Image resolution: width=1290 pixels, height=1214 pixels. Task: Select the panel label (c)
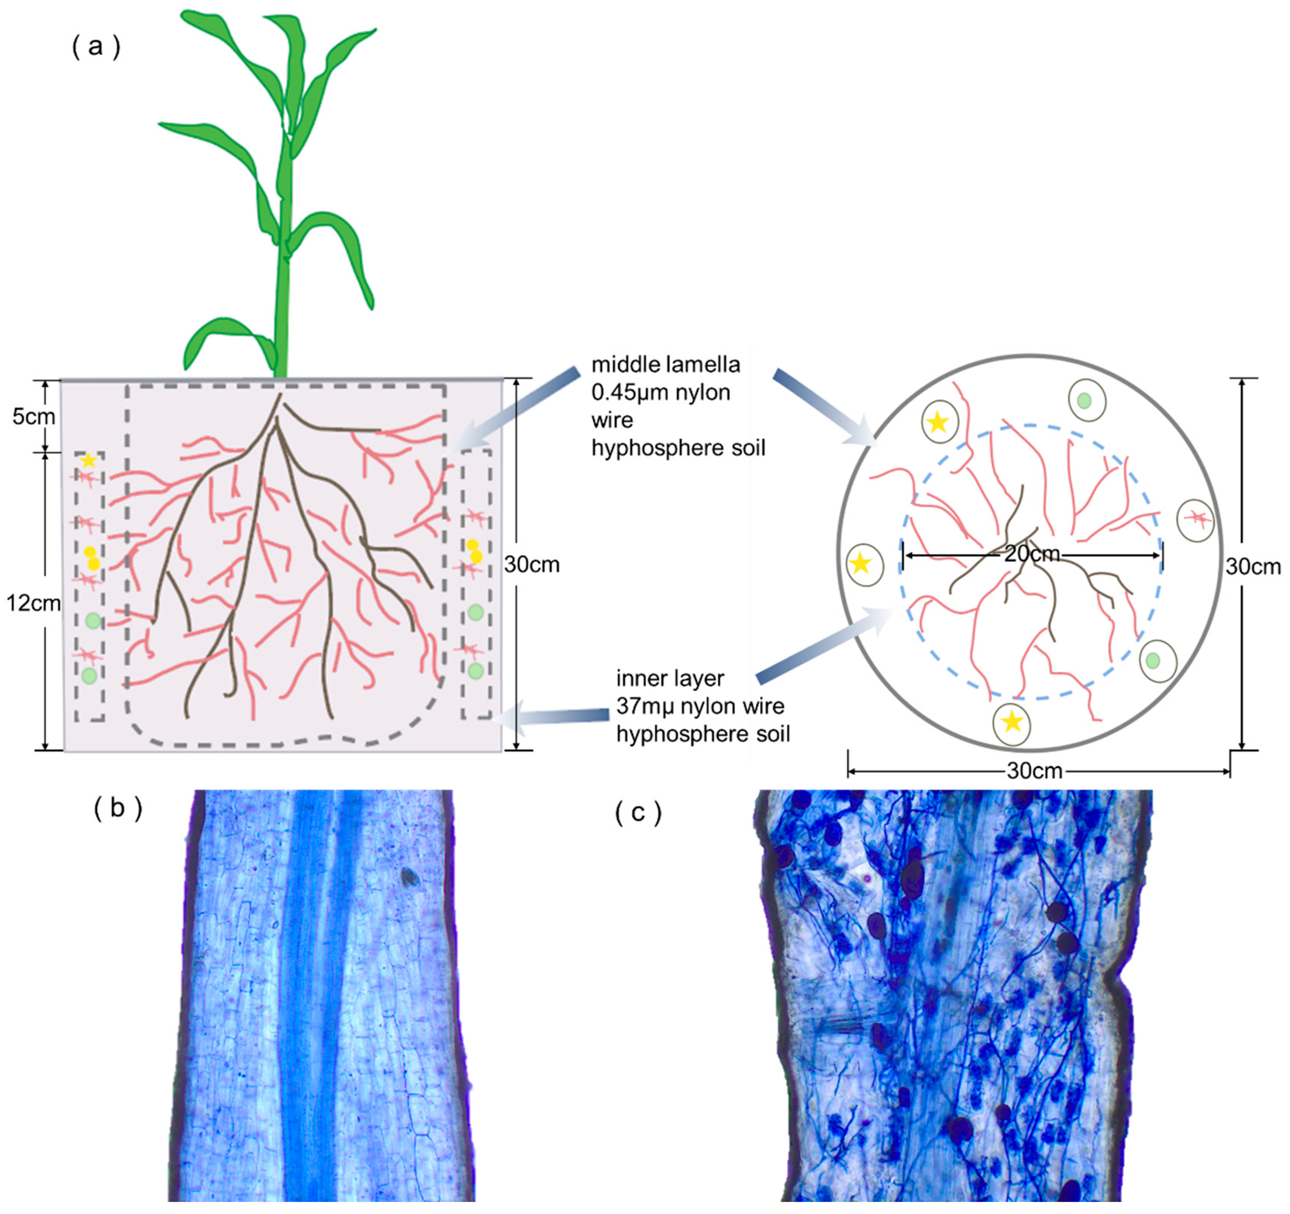pos(638,813)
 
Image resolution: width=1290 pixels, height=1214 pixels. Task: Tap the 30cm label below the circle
pos(1034,770)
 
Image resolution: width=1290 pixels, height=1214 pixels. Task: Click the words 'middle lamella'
pos(665,365)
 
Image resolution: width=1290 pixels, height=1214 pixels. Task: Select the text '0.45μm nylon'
pos(661,393)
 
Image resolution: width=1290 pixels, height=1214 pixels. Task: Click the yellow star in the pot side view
pos(89,461)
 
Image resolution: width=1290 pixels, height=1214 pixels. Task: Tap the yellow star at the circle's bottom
pos(1012,722)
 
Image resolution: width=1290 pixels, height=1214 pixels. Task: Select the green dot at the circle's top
pos(1084,401)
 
